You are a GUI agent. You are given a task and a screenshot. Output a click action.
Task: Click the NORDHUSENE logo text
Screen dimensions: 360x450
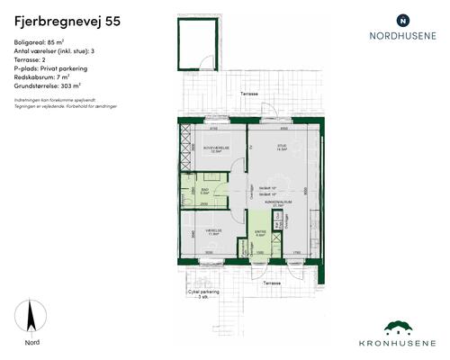pos(402,38)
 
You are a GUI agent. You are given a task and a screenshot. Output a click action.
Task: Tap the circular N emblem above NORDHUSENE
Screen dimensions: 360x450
pos(402,19)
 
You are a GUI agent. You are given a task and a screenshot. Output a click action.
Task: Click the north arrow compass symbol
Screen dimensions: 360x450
pos(31,316)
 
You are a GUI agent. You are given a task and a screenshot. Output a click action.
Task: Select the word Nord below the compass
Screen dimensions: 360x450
pos(31,341)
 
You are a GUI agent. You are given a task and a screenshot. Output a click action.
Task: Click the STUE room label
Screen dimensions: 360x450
pos(282,148)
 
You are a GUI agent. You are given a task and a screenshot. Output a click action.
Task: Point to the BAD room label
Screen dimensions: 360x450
pos(205,191)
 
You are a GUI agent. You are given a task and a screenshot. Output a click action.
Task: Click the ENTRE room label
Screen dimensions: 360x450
pos(261,232)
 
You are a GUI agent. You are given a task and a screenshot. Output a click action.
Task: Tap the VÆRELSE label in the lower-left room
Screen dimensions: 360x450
pos(214,230)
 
